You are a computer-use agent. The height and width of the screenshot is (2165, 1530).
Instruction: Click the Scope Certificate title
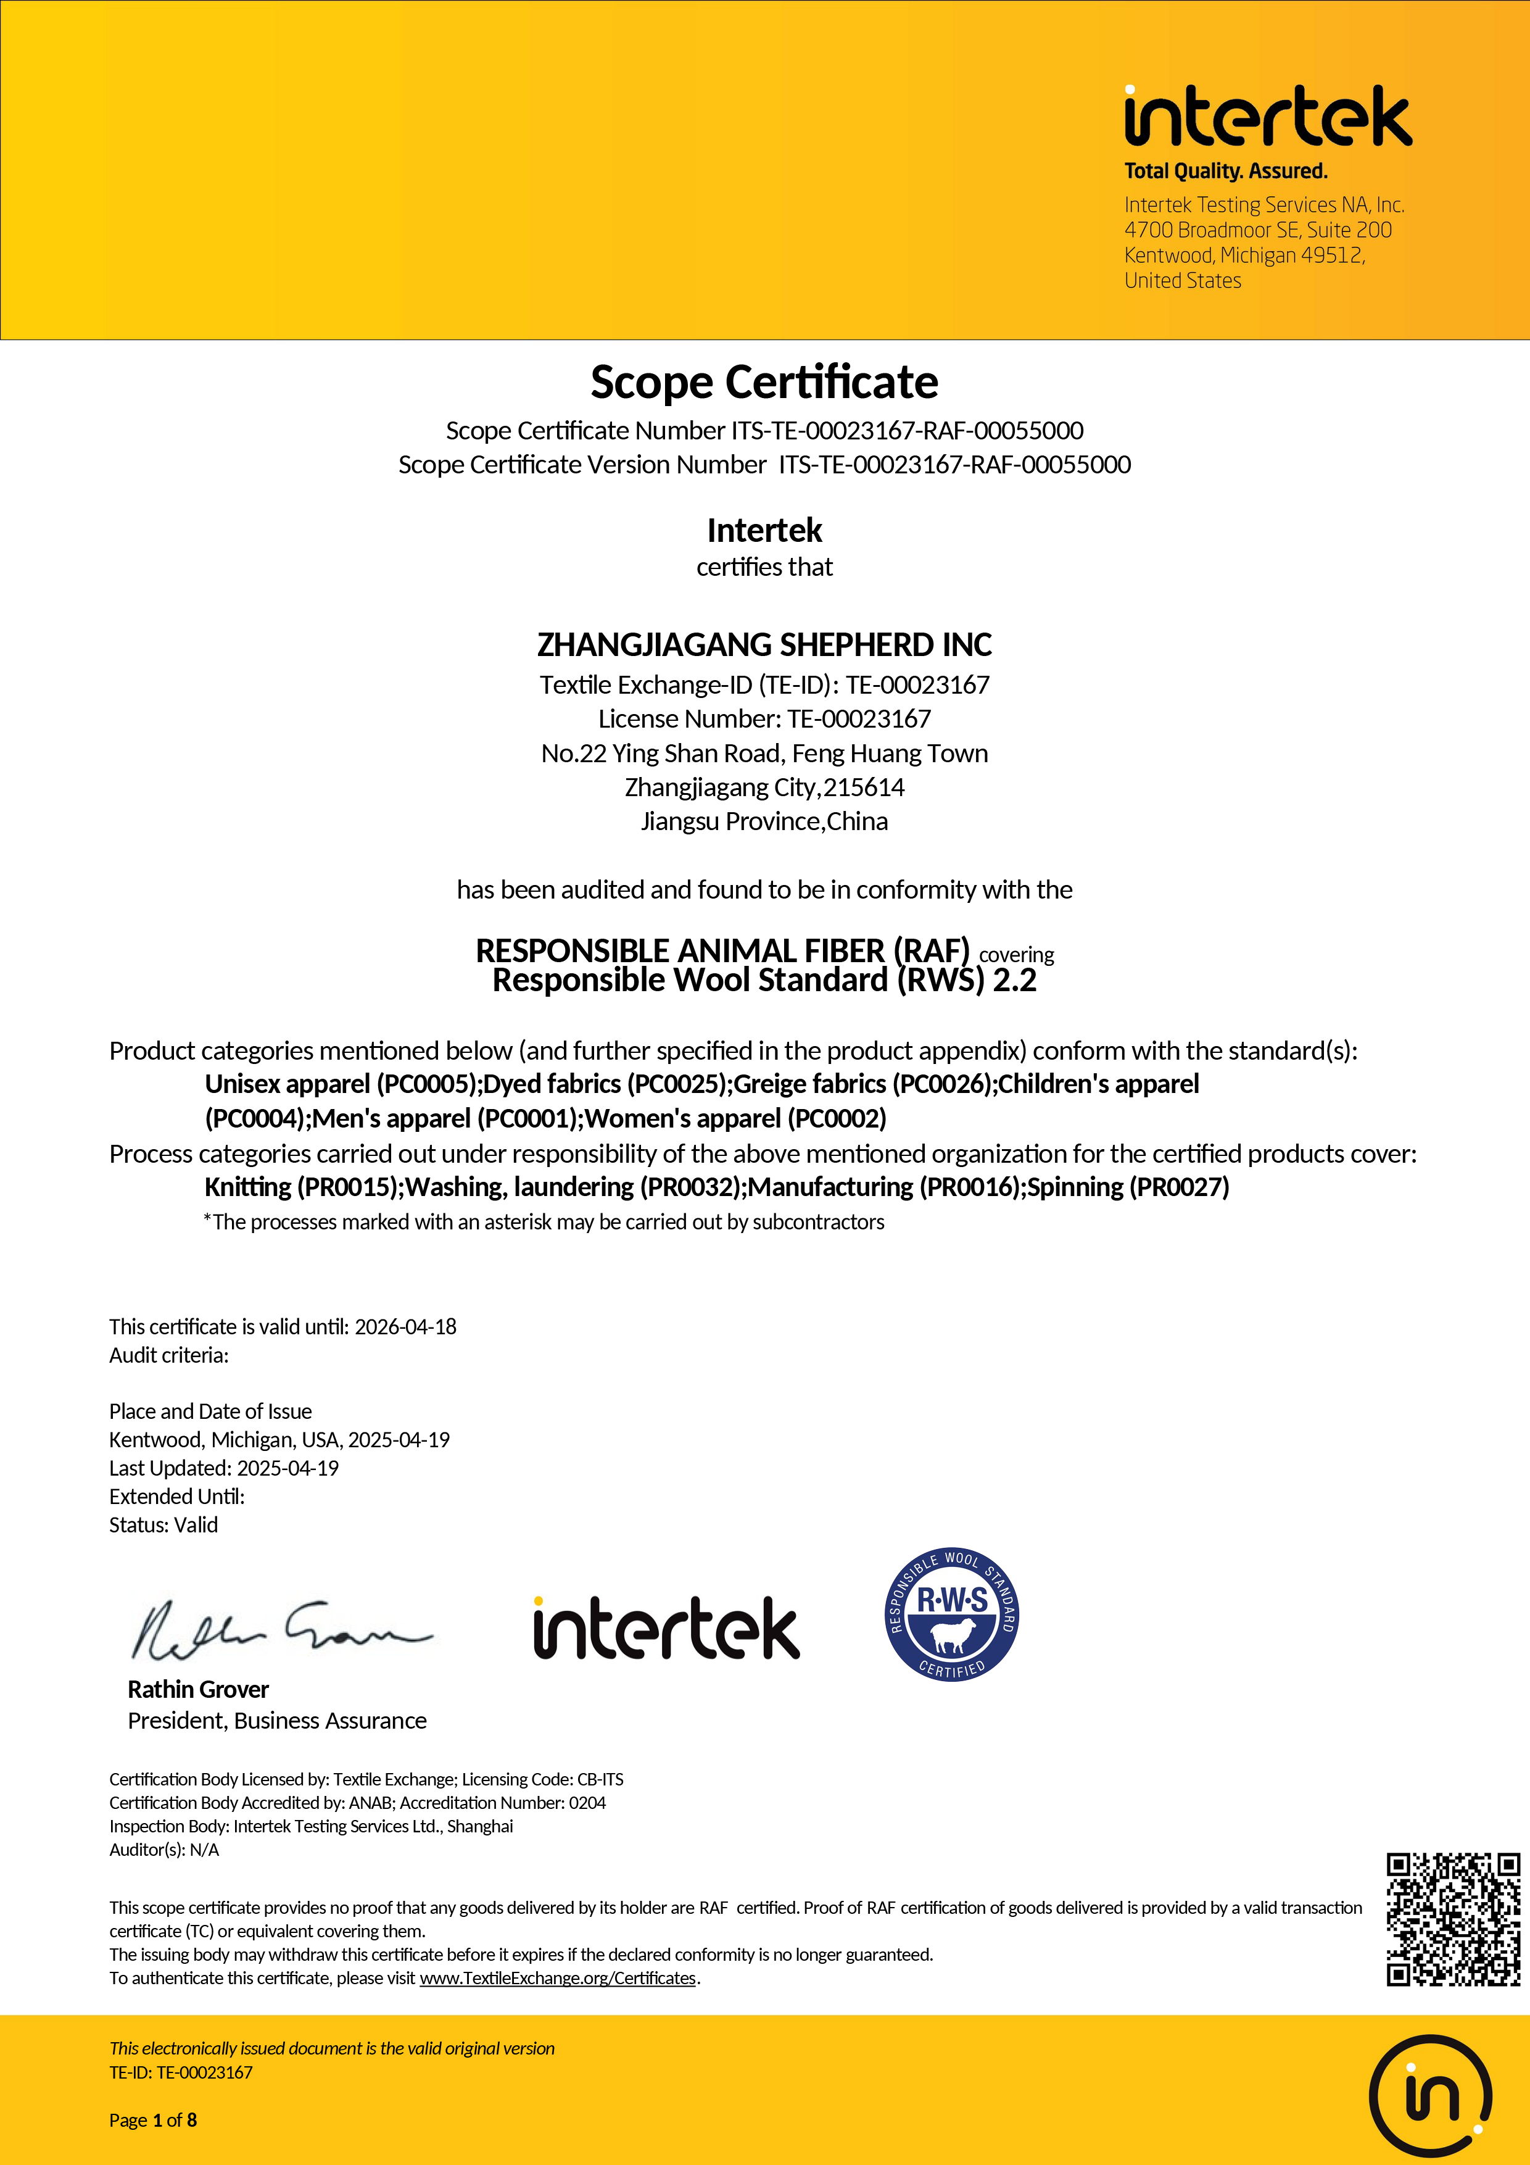(764, 382)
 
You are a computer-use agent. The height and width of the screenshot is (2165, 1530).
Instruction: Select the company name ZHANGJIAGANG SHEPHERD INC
(764, 645)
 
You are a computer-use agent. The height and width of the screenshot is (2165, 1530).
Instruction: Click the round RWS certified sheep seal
(951, 1614)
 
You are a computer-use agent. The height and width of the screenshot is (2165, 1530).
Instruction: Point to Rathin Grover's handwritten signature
(280, 1629)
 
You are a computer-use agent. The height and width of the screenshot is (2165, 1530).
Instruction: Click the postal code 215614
(864, 787)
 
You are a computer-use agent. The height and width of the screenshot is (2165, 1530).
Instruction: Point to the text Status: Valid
(163, 1525)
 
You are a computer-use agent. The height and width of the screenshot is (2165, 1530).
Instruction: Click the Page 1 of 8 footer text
(153, 2121)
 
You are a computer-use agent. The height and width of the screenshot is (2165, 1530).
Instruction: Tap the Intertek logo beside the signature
(666, 1629)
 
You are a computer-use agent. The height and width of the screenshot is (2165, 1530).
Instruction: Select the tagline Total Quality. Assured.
(1225, 172)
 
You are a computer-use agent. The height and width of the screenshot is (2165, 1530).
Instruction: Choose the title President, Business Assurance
(277, 1721)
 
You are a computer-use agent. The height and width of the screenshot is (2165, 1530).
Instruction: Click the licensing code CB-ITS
(600, 1779)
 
